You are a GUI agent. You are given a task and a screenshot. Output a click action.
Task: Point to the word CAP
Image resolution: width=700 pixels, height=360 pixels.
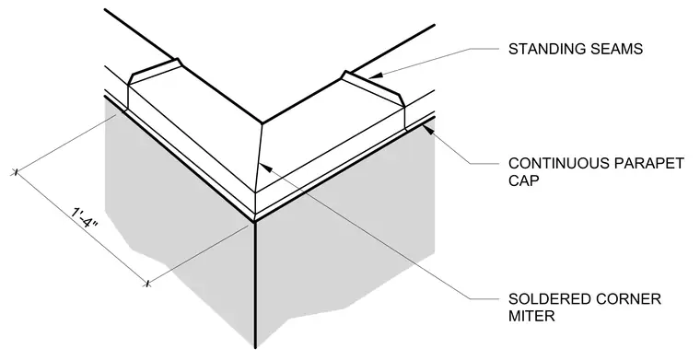click(523, 181)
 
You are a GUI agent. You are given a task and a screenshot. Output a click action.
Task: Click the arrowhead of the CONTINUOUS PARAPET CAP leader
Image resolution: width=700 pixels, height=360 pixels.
click(427, 130)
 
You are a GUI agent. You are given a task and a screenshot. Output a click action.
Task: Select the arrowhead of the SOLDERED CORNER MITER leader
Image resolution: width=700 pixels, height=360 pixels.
click(265, 168)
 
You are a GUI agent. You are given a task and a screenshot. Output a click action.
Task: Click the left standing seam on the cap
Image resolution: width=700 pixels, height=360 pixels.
click(154, 72)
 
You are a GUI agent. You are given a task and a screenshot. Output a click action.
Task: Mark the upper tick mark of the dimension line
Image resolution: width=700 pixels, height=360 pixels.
click(16, 172)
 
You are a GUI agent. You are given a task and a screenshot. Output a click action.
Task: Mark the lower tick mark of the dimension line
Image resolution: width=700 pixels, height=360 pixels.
click(147, 283)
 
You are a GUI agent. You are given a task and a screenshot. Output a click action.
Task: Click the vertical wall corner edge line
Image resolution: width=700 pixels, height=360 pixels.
click(255, 285)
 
